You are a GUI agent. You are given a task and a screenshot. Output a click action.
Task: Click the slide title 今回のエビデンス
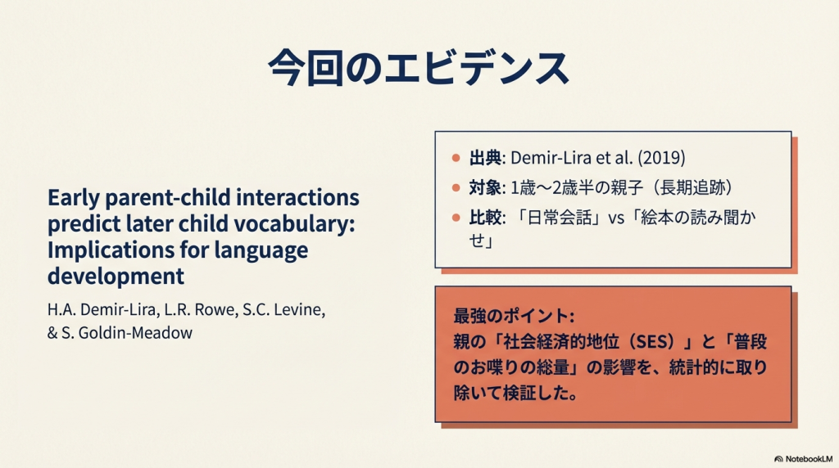click(419, 68)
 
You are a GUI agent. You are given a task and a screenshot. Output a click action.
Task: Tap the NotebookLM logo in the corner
click(803, 459)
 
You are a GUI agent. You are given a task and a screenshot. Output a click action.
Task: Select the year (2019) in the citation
click(662, 158)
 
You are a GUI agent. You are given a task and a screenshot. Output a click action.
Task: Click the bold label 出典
click(485, 158)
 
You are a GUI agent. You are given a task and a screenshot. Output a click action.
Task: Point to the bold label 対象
click(485, 187)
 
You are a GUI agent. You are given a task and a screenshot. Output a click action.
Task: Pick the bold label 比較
click(485, 218)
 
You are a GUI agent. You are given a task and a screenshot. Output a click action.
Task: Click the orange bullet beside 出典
click(456, 158)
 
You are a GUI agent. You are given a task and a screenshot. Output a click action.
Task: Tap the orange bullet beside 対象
click(456, 187)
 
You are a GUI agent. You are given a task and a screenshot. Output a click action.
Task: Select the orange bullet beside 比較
click(456, 218)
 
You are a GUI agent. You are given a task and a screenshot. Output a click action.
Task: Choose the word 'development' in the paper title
click(116, 277)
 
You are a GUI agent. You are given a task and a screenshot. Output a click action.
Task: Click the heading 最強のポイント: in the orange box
click(514, 316)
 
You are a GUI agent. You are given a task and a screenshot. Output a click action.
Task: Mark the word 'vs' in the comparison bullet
click(616, 218)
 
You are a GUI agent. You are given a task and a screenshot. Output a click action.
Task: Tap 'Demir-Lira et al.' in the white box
click(571, 158)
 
